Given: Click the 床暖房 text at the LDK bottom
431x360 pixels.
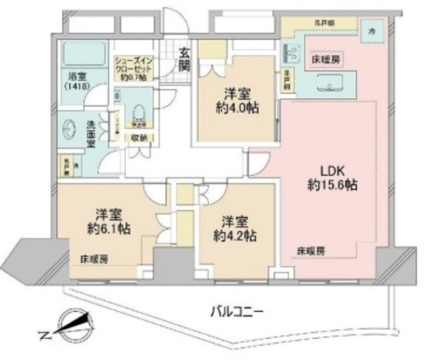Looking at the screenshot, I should click(310, 250).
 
